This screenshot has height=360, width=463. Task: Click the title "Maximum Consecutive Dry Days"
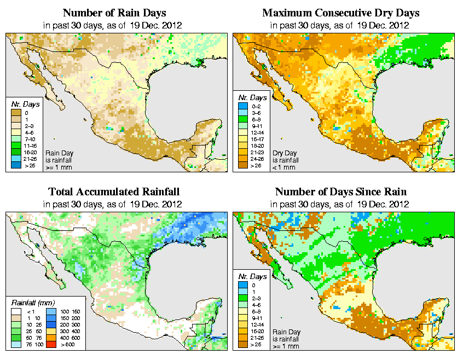[x=340, y=13]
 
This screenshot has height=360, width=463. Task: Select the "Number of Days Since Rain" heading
[x=340, y=191]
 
